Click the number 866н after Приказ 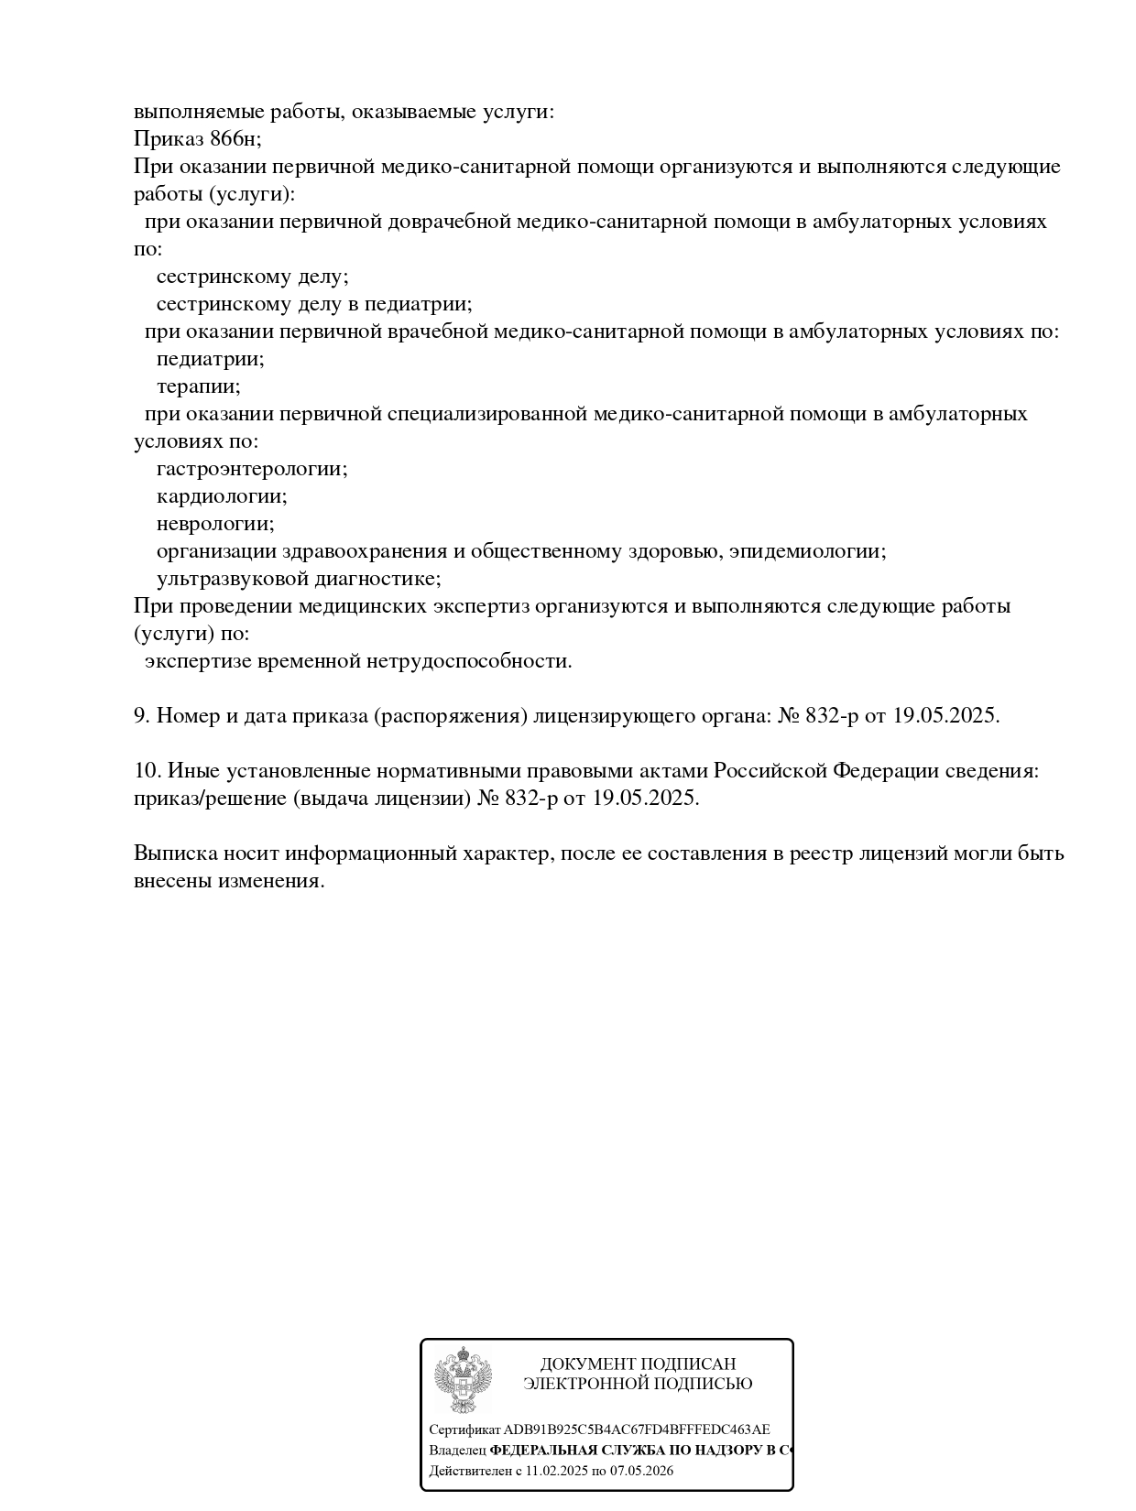[x=235, y=139]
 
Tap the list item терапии [x=198, y=386]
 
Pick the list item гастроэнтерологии [x=252, y=469]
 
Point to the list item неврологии [x=215, y=524]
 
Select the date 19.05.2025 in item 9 [x=945, y=716]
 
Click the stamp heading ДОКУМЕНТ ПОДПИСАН [x=638, y=1364]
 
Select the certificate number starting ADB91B [x=637, y=1429]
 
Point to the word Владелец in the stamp [x=457, y=1451]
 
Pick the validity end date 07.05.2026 [x=640, y=1472]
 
